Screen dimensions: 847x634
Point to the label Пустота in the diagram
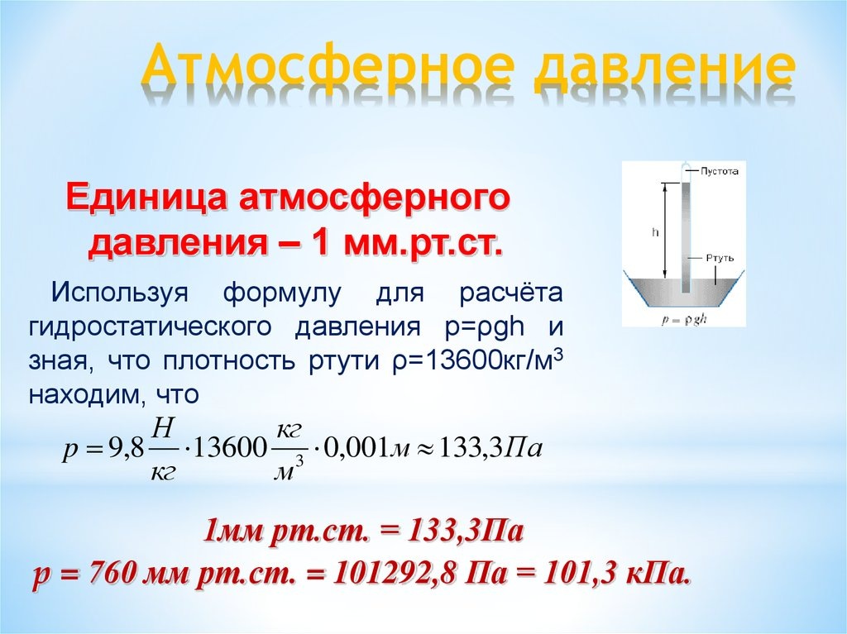pyautogui.click(x=719, y=171)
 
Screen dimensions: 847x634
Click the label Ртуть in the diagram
pyautogui.click(x=720, y=258)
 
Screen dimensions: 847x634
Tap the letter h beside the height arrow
pyautogui.click(x=656, y=232)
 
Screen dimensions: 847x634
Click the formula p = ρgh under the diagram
pyautogui.click(x=684, y=320)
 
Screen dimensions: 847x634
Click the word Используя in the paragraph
pyautogui.click(x=119, y=293)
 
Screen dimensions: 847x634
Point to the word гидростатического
pyautogui.click(x=150, y=327)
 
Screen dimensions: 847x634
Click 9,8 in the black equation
pyautogui.click(x=127, y=448)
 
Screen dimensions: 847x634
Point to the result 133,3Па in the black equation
pyautogui.click(x=490, y=448)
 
